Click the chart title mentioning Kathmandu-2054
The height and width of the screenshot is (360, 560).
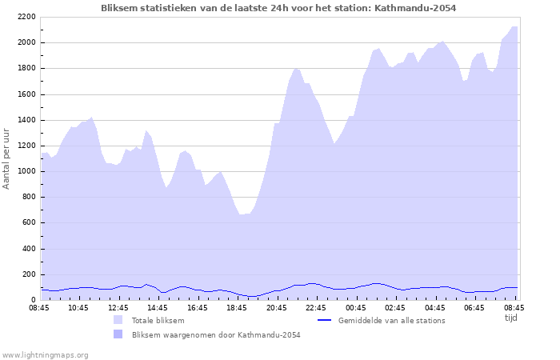coord(279,8)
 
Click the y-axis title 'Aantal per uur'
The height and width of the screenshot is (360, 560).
coord(7,157)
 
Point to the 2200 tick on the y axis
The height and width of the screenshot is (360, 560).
coord(25,17)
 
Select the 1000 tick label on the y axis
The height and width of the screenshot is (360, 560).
coord(25,171)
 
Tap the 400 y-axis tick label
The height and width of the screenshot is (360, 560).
coord(27,249)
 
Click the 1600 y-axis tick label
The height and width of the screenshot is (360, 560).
coord(25,94)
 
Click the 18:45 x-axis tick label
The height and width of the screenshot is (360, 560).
coord(238,307)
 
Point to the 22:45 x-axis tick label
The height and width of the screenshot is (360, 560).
coord(317,307)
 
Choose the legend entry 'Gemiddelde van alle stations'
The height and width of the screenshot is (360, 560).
coord(392,321)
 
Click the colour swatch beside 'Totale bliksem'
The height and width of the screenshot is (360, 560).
coord(118,321)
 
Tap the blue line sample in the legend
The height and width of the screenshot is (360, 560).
coord(324,321)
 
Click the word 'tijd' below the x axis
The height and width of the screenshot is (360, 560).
coord(511,318)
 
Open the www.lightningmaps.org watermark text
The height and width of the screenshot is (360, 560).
coord(45,354)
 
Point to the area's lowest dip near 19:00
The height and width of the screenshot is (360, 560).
coord(242,214)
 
